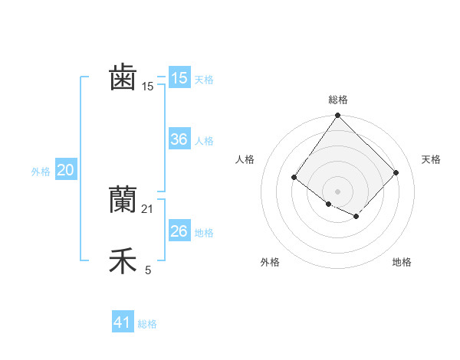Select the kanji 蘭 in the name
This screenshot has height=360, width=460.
click(123, 200)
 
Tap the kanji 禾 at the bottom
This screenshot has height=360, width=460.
click(123, 261)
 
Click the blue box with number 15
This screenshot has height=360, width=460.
click(179, 78)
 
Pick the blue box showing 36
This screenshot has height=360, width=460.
click(179, 139)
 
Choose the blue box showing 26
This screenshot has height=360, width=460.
click(179, 231)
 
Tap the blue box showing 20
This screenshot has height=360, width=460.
click(65, 170)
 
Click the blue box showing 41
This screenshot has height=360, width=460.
click(122, 322)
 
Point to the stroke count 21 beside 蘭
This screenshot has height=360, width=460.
click(148, 208)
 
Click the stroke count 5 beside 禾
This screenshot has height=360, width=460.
click(148, 270)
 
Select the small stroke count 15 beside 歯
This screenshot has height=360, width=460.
click(148, 87)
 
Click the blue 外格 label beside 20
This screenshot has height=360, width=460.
click(41, 172)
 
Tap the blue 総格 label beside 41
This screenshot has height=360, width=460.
click(147, 324)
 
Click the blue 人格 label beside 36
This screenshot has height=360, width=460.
click(204, 141)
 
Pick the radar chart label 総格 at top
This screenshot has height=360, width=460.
click(338, 100)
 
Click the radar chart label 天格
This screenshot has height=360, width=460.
click(431, 159)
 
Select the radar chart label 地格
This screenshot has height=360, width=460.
click(402, 263)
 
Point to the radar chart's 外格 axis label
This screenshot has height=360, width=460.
click(270, 263)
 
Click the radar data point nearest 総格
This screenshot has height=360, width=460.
click(338, 116)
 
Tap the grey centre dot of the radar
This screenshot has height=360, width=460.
click(338, 191)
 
